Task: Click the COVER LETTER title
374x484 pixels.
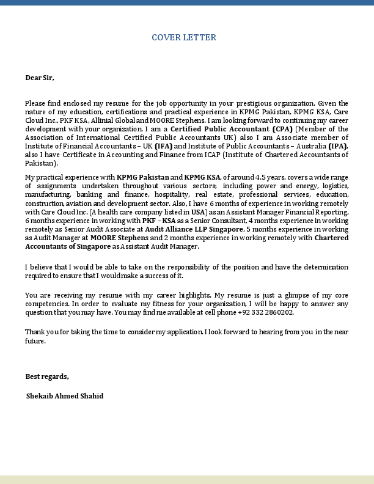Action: tap(184, 38)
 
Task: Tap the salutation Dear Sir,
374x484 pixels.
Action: tap(40, 78)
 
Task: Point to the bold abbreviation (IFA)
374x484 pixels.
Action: tap(164, 147)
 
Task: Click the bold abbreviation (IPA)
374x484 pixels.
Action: tap(338, 147)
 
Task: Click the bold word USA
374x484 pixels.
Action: tap(199, 211)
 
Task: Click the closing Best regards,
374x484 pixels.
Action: tap(47, 376)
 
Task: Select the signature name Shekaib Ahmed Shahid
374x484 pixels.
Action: tap(65, 396)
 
